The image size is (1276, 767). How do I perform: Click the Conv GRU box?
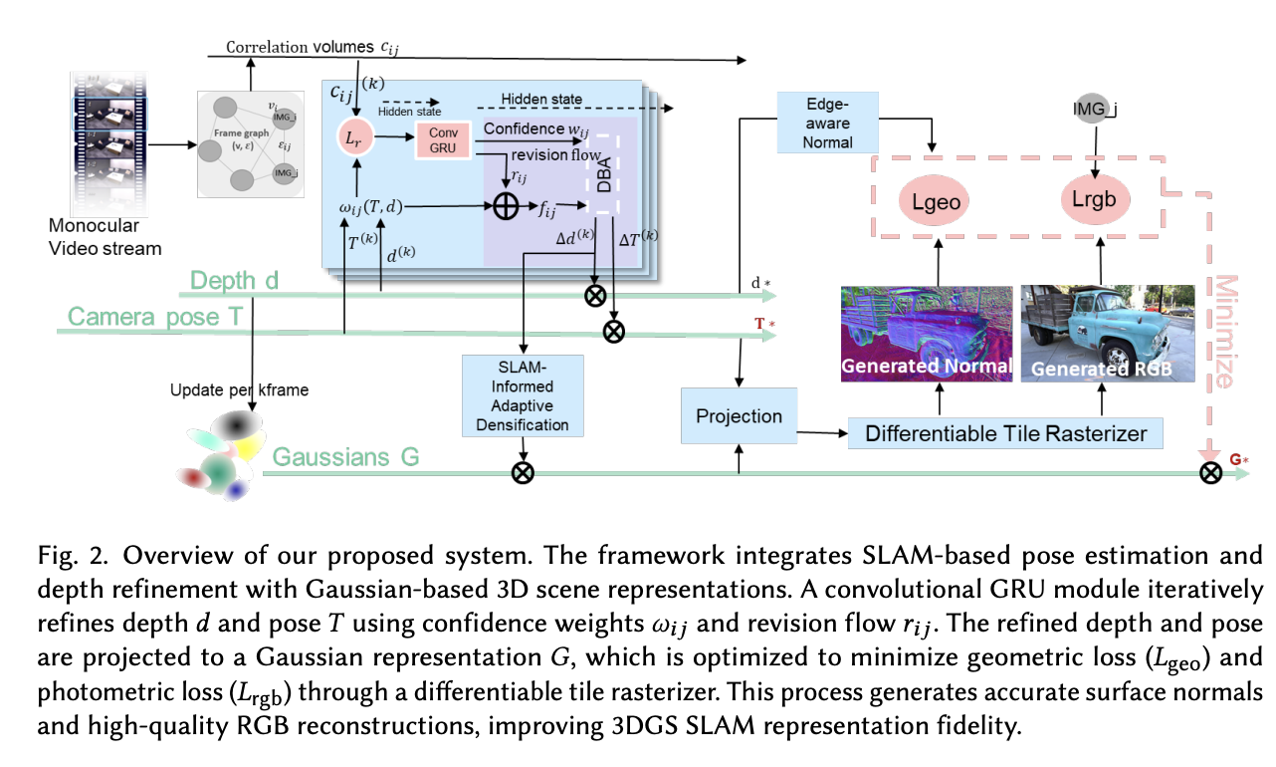coord(443,140)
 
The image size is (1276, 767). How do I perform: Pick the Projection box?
coord(739,415)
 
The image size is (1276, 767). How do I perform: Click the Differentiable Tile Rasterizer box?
coord(1006,433)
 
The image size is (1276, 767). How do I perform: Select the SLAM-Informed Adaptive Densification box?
coord(523,396)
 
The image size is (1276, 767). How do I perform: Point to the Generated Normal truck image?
coord(927,333)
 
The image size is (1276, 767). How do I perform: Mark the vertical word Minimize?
coord(1224,331)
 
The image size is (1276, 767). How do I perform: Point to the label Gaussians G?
coord(345,457)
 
